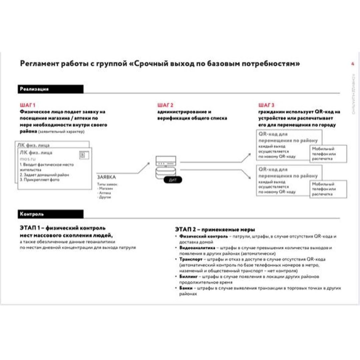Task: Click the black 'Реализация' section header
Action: pyautogui.click(x=50, y=89)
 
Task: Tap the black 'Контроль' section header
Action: pyautogui.click(x=50, y=214)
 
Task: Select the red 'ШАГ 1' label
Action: pyautogui.click(x=27, y=106)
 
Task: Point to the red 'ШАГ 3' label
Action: pyautogui.click(x=266, y=106)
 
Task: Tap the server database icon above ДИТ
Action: pyautogui.click(x=165, y=167)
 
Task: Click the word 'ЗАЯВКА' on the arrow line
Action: pyautogui.click(x=106, y=178)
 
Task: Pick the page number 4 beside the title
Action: pyautogui.click(x=352, y=64)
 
